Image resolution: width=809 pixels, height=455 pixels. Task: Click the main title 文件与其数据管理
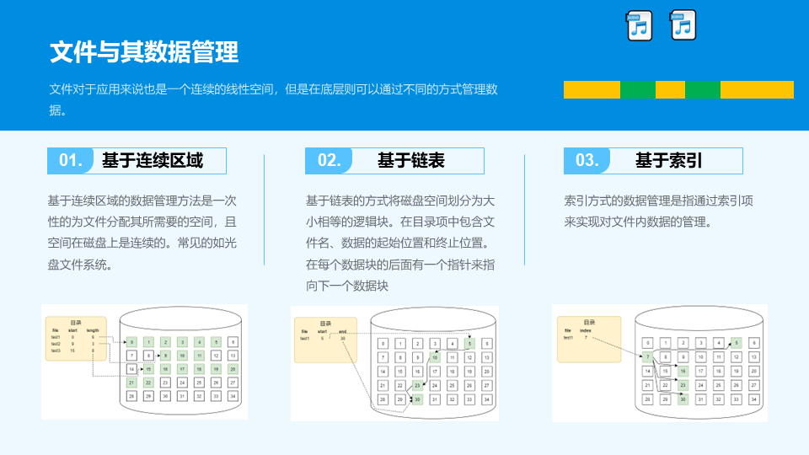[x=144, y=52]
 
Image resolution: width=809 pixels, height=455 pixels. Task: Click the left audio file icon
[x=640, y=26]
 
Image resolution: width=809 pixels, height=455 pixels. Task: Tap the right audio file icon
[x=683, y=26]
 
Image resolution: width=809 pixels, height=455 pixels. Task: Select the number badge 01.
[x=71, y=160]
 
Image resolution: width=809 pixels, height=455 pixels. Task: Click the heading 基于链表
[x=410, y=160]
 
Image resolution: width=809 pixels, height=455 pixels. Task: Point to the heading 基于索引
[x=668, y=160]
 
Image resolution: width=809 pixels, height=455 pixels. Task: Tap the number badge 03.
[x=587, y=160]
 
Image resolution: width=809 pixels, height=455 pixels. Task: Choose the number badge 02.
[x=329, y=160]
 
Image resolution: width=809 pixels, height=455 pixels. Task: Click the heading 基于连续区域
[x=152, y=160]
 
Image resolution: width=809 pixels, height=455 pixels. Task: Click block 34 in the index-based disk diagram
[x=754, y=399]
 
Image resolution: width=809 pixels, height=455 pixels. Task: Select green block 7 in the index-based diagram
[x=648, y=357]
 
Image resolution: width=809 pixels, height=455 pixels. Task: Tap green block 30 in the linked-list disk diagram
[x=416, y=399]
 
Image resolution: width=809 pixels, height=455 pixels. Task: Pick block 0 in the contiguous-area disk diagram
[x=131, y=341]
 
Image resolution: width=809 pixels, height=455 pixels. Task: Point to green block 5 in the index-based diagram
[x=736, y=343]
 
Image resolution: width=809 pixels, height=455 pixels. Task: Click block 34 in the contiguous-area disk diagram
[x=233, y=396]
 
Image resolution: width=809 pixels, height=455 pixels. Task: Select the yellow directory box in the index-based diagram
[x=589, y=339]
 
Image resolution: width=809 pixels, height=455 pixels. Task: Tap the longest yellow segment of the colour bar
[x=757, y=89]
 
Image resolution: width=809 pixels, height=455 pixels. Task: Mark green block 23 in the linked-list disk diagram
[x=417, y=385]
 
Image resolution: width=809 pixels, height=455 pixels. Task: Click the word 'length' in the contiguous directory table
[x=93, y=330]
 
